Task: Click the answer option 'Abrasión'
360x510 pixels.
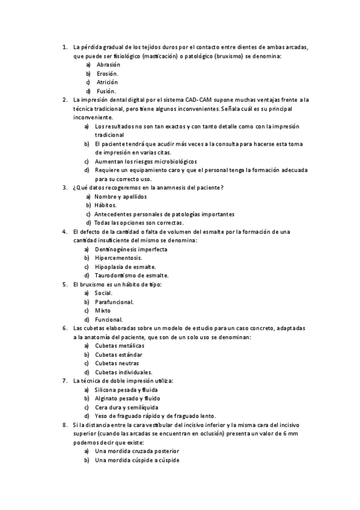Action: pyautogui.click(x=108, y=64)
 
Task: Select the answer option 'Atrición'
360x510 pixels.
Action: pyautogui.click(x=107, y=82)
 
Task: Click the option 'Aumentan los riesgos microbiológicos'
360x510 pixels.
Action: pyautogui.click(x=145, y=161)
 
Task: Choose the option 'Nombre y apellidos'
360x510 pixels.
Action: pyautogui.click(x=121, y=197)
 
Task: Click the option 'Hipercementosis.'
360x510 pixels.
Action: pyautogui.click(x=118, y=257)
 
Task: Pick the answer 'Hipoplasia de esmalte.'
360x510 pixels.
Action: pyautogui.click(x=125, y=266)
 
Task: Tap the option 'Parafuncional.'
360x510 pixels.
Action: pyautogui.click(x=114, y=302)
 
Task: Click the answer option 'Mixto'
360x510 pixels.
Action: pyautogui.click(x=103, y=310)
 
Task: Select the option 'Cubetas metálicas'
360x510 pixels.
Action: pyautogui.click(x=120, y=346)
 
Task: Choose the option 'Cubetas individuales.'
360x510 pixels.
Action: pyautogui.click(x=123, y=372)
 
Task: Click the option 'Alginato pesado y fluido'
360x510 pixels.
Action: pyautogui.click(x=127, y=398)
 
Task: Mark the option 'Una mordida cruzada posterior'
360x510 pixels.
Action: pyautogui.click(x=137, y=451)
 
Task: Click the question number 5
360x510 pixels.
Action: pyautogui.click(x=65, y=284)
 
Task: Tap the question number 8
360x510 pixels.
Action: pyautogui.click(x=65, y=425)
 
